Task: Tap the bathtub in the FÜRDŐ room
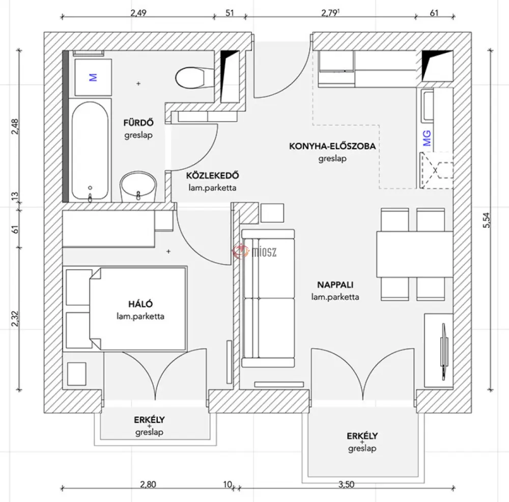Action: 90,150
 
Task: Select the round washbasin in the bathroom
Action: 138,187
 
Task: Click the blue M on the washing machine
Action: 93,77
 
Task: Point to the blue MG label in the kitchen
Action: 427,138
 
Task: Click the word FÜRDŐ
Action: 138,123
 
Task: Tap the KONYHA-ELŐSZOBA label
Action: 332,146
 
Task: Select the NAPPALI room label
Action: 335,285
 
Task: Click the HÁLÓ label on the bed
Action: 140,304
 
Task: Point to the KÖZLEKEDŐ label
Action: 212,175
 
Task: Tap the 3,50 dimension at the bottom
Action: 346,485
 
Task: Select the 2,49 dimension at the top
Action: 138,13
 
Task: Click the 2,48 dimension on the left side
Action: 15,126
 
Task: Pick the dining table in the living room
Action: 414,254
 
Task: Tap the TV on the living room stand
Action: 444,352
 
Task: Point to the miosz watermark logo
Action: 254,251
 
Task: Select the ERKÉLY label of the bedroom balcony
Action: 149,420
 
